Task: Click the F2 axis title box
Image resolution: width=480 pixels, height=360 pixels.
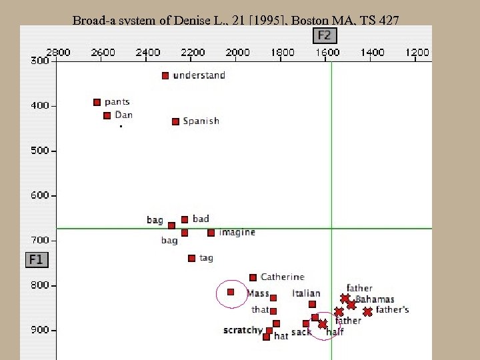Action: pos(324,35)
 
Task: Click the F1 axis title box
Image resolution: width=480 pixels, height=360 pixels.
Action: pos(36,259)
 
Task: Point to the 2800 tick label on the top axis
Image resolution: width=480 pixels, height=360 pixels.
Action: pos(58,52)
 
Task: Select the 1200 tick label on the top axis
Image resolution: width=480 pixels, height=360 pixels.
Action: pos(417,52)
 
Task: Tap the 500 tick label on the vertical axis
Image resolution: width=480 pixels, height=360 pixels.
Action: pos(40,151)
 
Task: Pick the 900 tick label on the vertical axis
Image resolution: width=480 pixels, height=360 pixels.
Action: pos(40,330)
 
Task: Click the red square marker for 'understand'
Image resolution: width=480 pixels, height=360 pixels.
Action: pos(165,76)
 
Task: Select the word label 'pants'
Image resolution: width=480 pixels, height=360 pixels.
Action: pos(117,102)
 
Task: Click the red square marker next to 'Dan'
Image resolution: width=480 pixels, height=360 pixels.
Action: pos(107,116)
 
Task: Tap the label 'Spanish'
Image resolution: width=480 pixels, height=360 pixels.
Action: pos(201,121)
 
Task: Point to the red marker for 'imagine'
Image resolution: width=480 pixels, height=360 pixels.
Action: pos(211,233)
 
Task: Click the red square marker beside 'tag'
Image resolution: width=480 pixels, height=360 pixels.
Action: pos(192,258)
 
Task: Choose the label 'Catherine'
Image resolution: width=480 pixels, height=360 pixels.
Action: pos(282,277)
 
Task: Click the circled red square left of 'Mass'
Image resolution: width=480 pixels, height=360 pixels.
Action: pos(231,292)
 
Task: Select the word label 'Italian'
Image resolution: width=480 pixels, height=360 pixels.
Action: pos(306,293)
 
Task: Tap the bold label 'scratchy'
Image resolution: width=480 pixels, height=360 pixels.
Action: pos(243,330)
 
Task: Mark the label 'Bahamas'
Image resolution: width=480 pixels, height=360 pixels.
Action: pos(375,299)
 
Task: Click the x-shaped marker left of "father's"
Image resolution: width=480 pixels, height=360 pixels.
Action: pos(367,311)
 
